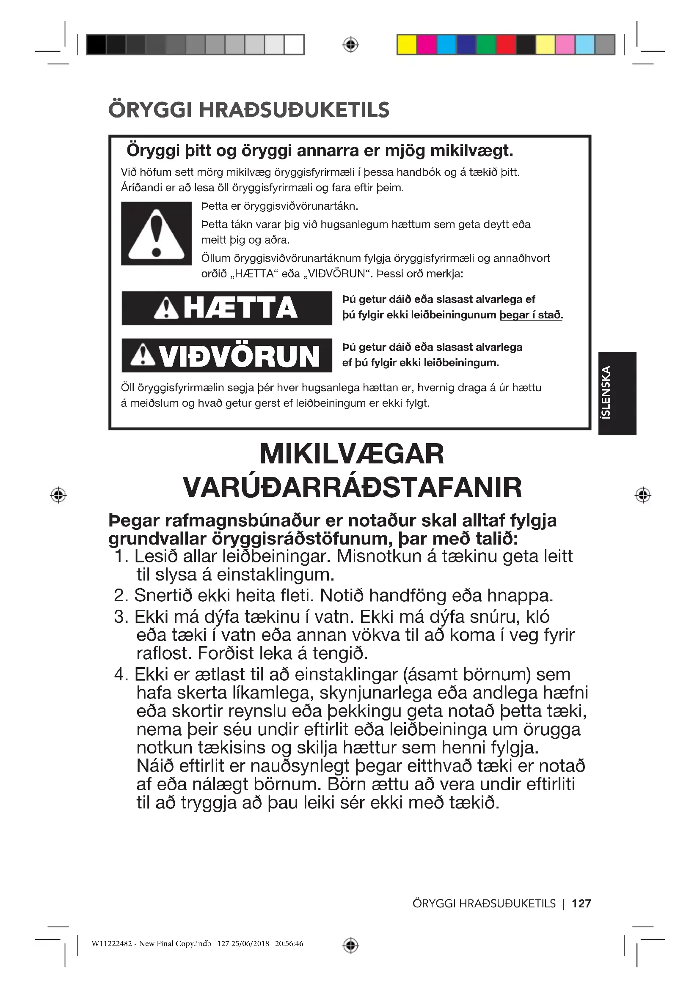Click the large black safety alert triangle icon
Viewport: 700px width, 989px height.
click(156, 233)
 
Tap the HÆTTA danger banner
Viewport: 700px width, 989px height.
click(227, 308)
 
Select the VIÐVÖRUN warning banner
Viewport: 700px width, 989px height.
click(227, 355)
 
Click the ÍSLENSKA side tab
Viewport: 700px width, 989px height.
click(617, 393)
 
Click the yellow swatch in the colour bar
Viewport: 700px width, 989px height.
click(406, 45)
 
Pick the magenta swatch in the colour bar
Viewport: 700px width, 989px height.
click(427, 45)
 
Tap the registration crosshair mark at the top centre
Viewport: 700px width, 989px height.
click(350, 44)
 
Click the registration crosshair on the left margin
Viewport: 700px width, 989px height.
click(58, 495)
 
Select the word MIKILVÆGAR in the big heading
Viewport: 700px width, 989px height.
click(351, 454)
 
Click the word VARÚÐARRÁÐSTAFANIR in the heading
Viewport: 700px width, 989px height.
click(352, 488)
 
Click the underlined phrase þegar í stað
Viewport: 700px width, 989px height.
click(531, 315)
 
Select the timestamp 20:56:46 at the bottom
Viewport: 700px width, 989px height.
click(289, 944)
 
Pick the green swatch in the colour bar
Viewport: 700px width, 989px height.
click(486, 45)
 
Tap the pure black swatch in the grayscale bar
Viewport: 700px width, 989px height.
click(96, 45)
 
